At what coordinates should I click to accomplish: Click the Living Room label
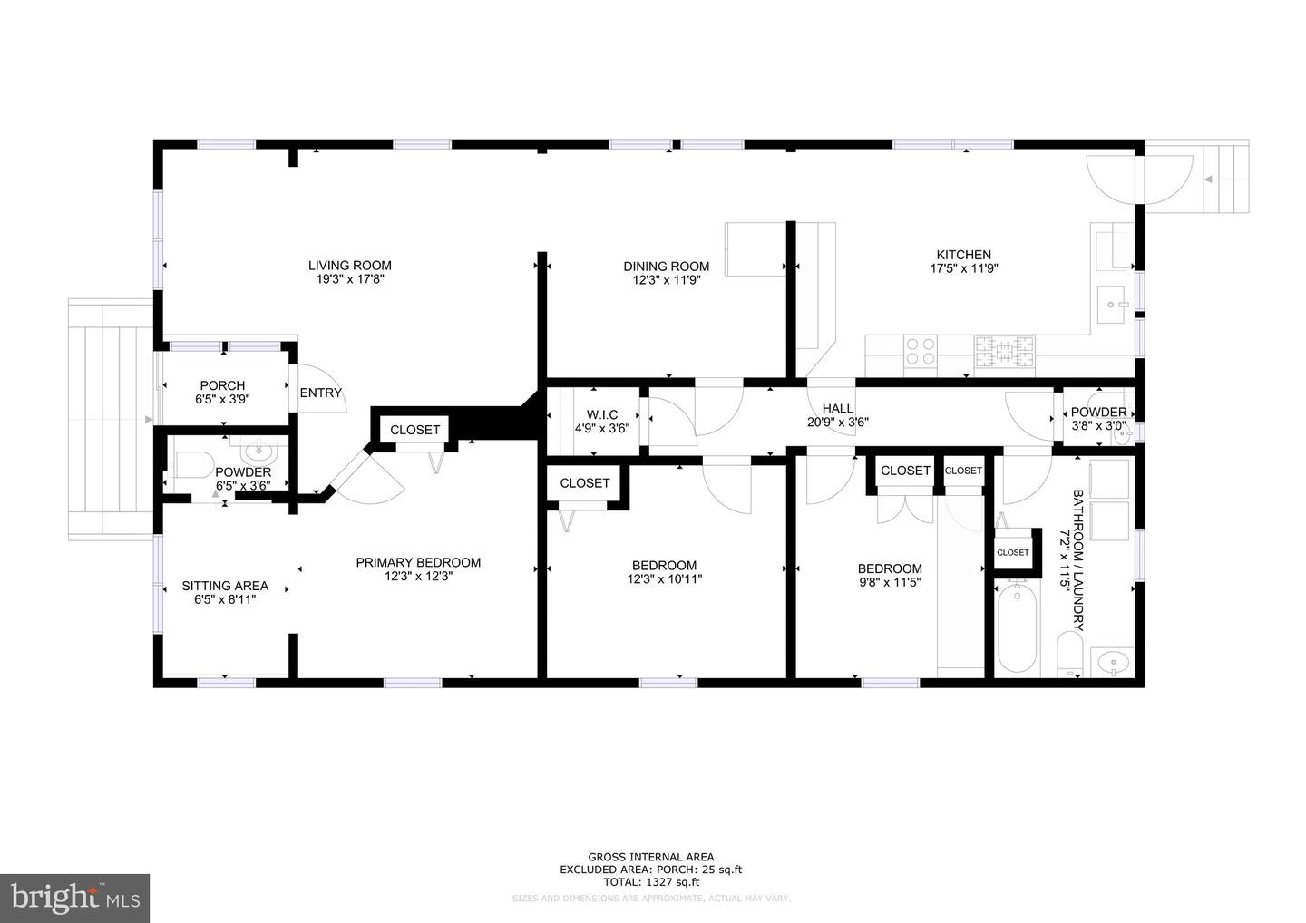349,266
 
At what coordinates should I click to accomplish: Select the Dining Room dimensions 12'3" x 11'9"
666,280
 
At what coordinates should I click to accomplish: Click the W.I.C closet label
601,414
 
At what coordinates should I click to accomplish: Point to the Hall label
837,408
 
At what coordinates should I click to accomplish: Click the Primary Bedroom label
417,562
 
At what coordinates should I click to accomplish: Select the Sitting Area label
225,586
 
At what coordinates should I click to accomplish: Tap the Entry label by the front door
321,393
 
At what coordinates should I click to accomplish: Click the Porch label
222,385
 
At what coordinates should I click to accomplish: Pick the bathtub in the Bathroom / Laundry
1017,628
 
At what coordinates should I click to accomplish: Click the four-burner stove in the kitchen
921,350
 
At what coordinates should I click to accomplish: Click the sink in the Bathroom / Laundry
1110,663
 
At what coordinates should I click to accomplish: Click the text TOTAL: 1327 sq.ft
650,881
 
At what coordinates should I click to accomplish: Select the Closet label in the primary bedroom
414,430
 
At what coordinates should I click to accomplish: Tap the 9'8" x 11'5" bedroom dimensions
890,583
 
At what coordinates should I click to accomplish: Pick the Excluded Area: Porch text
650,870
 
